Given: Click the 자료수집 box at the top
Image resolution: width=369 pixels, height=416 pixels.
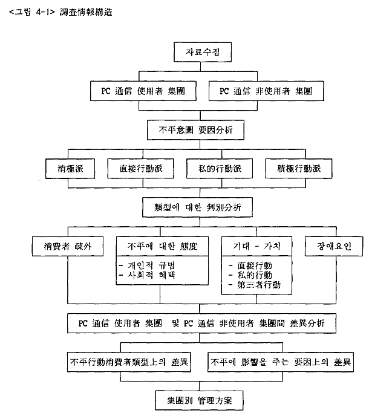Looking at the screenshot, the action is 203,52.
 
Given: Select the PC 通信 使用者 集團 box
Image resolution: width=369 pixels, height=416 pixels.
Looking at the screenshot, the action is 143,91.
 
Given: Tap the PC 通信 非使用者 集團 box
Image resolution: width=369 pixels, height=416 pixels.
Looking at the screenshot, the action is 266,91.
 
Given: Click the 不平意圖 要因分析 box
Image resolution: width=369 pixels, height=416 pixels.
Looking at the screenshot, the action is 195,130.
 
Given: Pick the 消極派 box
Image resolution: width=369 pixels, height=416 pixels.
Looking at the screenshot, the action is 70,169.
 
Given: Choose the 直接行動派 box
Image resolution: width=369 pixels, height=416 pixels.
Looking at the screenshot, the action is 141,169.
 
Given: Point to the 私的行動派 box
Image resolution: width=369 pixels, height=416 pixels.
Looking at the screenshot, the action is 220,169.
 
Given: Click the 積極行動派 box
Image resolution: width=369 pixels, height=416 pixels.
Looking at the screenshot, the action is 299,169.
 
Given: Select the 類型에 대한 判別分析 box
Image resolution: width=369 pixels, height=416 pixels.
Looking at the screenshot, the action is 197,207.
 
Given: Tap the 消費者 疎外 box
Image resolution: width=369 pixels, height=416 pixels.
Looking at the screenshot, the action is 68,246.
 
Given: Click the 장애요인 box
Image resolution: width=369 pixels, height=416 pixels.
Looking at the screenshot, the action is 334,246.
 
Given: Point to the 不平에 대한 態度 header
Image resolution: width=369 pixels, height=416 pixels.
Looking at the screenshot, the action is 162,246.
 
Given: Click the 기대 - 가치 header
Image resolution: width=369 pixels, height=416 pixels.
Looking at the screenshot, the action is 256,246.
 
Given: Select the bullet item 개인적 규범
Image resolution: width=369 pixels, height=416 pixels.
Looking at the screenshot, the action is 147,265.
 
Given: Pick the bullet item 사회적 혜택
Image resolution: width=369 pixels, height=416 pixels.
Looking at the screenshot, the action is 147,275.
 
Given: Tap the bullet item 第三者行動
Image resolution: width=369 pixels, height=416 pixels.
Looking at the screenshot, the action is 255,285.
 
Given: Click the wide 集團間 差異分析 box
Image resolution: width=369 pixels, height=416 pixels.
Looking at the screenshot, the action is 201,323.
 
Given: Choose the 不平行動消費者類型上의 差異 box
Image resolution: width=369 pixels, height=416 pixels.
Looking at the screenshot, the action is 129,362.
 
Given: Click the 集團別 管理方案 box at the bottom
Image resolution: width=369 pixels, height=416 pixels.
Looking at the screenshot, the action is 199,400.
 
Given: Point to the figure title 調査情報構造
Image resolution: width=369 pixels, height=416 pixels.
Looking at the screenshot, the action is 86,12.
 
